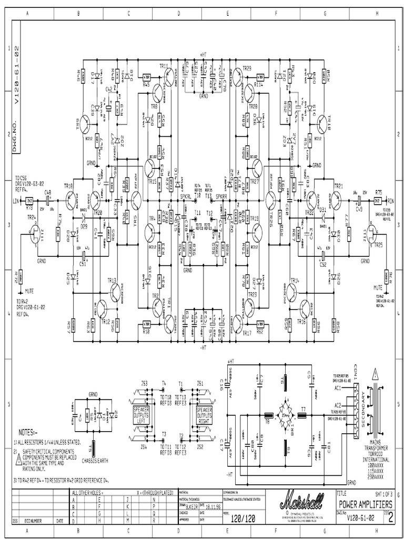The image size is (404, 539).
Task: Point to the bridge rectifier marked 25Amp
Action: [285, 415]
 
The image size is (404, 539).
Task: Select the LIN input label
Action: [15, 201]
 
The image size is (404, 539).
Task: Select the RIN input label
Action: [391, 201]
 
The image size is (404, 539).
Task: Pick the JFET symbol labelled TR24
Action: [36, 233]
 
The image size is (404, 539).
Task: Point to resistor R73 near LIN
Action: [30, 201]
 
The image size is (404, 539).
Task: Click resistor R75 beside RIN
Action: [377, 201]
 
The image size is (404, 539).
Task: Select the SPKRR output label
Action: [221, 196]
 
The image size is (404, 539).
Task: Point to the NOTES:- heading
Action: [29, 431]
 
